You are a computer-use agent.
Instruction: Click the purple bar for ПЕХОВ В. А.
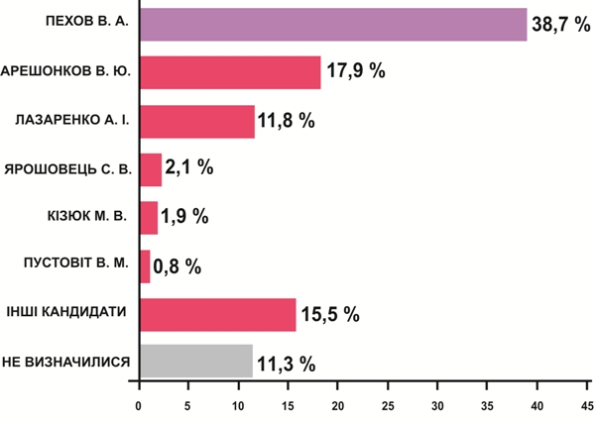[332, 24]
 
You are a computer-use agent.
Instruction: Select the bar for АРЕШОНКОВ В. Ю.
[229, 72]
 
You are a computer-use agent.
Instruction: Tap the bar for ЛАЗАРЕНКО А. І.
[196, 121]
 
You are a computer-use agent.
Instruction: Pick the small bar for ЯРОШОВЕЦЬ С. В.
[150, 168]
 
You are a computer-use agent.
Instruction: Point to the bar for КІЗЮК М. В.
[149, 217]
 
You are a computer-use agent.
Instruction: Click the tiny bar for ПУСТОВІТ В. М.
[145, 265]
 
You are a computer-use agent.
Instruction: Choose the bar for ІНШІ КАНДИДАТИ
[217, 314]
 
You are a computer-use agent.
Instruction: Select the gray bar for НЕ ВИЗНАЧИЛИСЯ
[195, 362]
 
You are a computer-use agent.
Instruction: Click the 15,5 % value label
[331, 315]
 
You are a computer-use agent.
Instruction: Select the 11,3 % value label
[287, 364]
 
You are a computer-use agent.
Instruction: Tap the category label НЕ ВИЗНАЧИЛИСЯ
[68, 362]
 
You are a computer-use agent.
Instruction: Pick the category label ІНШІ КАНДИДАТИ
[69, 313]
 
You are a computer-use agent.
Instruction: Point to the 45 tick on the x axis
[587, 406]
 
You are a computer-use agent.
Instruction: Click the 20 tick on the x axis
[338, 406]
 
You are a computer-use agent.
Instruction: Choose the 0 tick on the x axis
[140, 406]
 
